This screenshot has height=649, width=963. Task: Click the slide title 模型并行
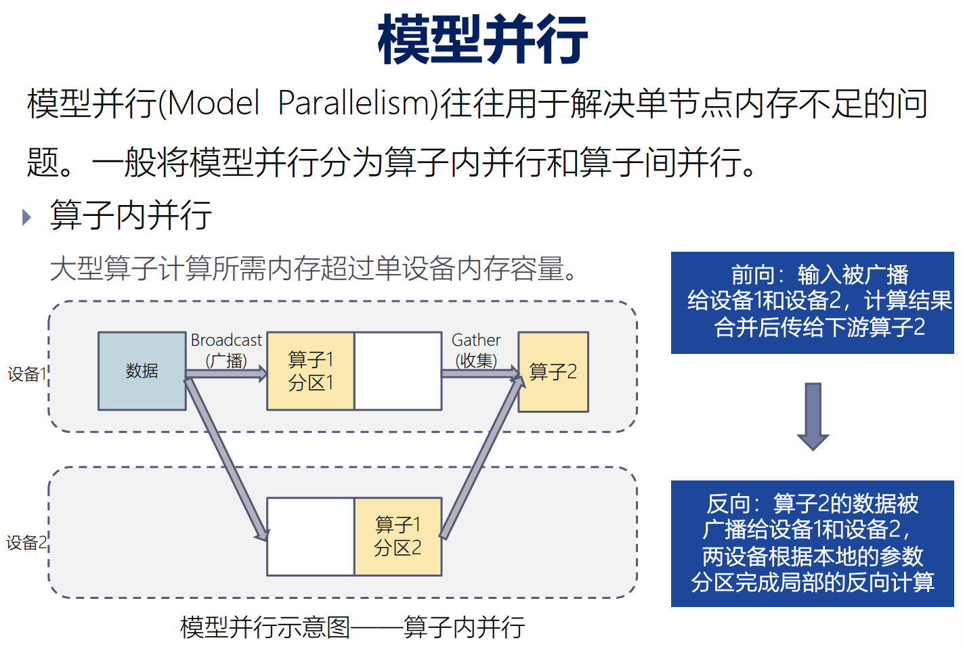click(x=482, y=39)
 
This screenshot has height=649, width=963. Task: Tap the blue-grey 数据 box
click(x=142, y=371)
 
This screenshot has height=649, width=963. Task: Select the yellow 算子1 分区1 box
click(x=311, y=371)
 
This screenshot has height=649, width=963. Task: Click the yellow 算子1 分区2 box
click(x=398, y=537)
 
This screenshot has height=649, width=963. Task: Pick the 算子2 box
click(x=553, y=372)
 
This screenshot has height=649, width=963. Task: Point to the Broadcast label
click(x=226, y=340)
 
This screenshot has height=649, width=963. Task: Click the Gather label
click(x=476, y=340)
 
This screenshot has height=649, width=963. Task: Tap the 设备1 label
click(x=26, y=374)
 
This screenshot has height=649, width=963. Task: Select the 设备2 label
click(x=26, y=543)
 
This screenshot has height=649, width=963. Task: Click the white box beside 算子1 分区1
click(x=398, y=371)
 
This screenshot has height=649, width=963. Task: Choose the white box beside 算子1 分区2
click(x=311, y=537)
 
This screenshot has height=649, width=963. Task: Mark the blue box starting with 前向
click(x=813, y=303)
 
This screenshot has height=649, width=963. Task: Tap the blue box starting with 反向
click(x=813, y=543)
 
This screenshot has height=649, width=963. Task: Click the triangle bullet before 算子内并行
click(x=26, y=217)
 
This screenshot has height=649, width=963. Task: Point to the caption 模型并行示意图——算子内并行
click(x=353, y=627)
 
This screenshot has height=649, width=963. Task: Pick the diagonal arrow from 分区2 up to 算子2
click(x=483, y=456)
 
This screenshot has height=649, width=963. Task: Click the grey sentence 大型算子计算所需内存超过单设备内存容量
click(x=313, y=269)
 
